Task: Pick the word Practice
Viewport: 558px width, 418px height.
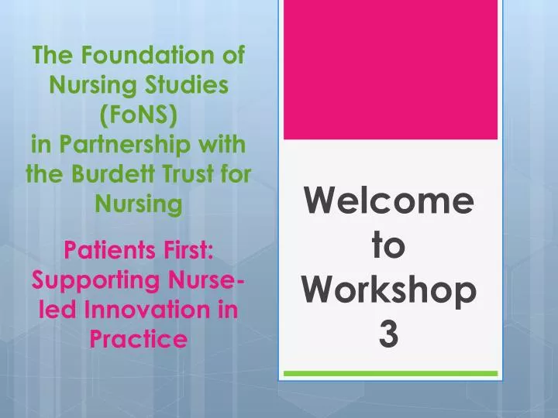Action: point(139,338)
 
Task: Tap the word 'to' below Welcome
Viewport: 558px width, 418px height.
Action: point(389,246)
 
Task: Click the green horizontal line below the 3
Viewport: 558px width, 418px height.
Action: point(389,374)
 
